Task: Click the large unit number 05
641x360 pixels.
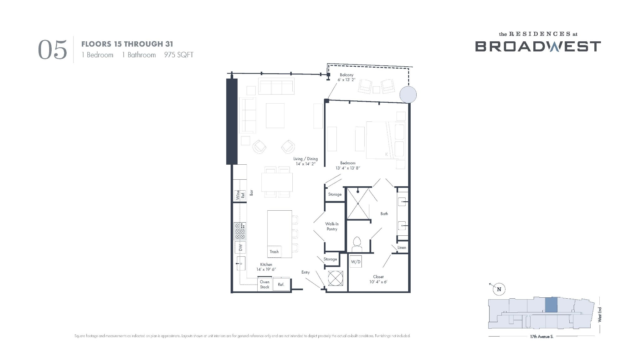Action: click(x=53, y=49)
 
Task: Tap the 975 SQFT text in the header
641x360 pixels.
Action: click(x=179, y=55)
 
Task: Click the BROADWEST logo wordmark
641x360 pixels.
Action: click(x=538, y=46)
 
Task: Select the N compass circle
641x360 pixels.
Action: click(x=499, y=289)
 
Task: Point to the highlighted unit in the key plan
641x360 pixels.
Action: click(x=551, y=305)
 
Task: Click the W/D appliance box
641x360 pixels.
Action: click(x=356, y=261)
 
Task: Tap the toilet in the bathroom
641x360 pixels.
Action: click(x=357, y=244)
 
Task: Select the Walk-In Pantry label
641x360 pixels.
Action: click(x=332, y=226)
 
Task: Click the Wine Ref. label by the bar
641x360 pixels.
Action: click(x=240, y=195)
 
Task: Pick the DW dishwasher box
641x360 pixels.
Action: click(x=240, y=247)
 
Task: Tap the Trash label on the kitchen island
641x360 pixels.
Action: click(x=274, y=251)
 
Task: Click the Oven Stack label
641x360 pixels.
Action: click(x=264, y=284)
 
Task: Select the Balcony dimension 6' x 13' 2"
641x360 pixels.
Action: click(x=346, y=80)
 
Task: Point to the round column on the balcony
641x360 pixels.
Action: click(x=408, y=95)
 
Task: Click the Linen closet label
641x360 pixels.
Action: click(x=402, y=247)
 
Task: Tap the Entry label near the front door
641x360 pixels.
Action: click(x=305, y=272)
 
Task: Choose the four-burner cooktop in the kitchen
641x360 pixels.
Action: click(x=240, y=231)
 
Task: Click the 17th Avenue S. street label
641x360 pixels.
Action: click(x=542, y=337)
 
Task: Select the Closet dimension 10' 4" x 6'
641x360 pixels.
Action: click(x=378, y=282)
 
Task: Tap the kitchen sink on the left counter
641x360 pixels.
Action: click(x=240, y=263)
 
